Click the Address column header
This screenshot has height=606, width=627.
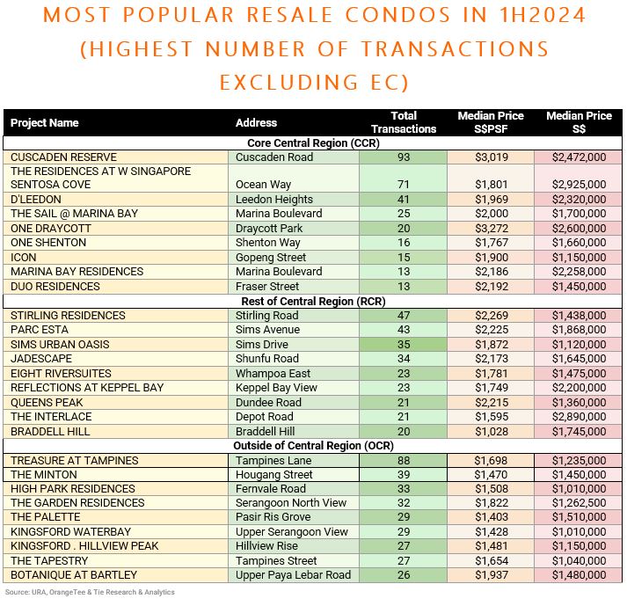tap(256, 123)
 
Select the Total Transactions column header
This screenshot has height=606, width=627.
tap(404, 122)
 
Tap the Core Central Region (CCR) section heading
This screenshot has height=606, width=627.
tap(313, 143)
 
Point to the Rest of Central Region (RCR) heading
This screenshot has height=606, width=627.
tap(313, 301)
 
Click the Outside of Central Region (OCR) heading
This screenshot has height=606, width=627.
tap(313, 446)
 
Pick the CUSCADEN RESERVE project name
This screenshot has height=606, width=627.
tap(63, 157)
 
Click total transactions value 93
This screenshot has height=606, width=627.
tap(404, 157)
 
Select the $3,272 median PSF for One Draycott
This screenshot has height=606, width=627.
tap(492, 229)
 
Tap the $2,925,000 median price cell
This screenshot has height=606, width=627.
tap(579, 185)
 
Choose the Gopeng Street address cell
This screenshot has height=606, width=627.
tap(271, 257)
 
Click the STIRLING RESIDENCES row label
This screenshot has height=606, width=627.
tap(68, 316)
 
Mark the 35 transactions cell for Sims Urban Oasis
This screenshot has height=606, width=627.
tap(404, 345)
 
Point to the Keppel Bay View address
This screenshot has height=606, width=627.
tap(276, 388)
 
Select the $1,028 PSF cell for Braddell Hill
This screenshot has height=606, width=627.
tap(492, 432)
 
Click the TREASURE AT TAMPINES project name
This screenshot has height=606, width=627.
tap(75, 460)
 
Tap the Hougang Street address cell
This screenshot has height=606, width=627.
tap(273, 475)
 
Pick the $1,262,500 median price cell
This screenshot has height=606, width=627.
tap(579, 503)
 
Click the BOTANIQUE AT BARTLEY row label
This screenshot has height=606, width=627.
tap(74, 575)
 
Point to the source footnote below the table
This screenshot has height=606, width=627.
tap(90, 592)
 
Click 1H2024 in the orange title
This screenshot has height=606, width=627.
tap(543, 15)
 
